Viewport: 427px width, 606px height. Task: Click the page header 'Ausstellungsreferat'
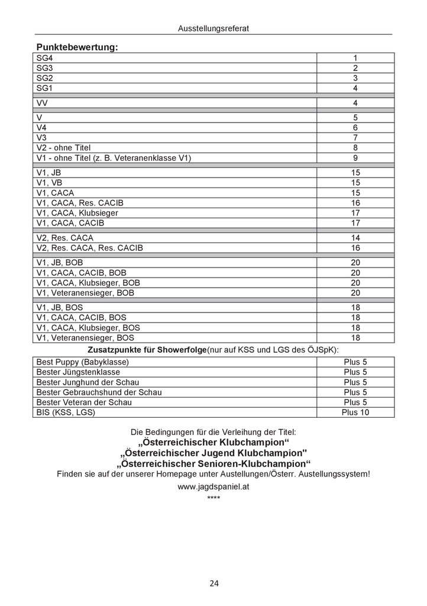(x=213, y=28)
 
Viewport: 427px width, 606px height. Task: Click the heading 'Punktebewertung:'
(x=77, y=47)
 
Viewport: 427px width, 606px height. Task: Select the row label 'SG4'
(x=45, y=58)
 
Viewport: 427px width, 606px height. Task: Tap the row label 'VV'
(x=43, y=103)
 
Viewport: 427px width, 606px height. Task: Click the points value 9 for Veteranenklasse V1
(x=355, y=158)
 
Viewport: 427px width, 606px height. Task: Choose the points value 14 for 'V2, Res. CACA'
(x=355, y=237)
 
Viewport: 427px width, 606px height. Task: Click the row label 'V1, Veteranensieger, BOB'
(x=85, y=293)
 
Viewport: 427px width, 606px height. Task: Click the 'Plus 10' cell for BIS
(x=355, y=412)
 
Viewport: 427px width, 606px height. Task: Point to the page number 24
(x=213, y=584)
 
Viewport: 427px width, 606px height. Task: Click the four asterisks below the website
(x=213, y=498)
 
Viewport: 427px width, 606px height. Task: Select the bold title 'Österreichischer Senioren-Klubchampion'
(x=213, y=463)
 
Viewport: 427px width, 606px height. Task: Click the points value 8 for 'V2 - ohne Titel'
(x=355, y=147)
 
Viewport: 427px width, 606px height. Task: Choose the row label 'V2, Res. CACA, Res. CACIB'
(x=89, y=247)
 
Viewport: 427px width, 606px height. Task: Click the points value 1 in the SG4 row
(x=355, y=58)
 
